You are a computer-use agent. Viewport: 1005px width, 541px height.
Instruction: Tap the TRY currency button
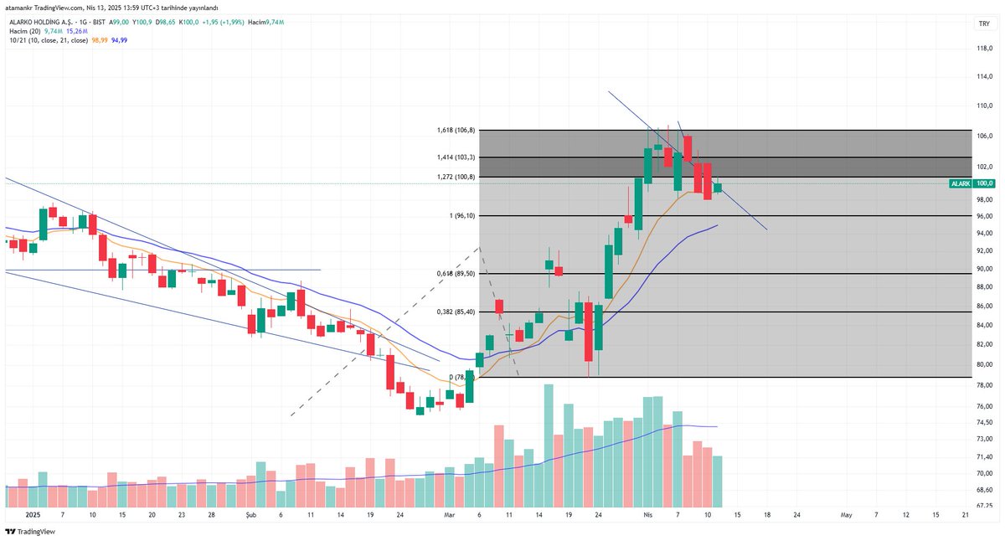[984, 24]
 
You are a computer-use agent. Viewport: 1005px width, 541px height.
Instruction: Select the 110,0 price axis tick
[984, 106]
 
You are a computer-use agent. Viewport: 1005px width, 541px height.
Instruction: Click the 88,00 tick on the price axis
[984, 288]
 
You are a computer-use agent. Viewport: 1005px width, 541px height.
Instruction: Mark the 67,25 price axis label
[984, 506]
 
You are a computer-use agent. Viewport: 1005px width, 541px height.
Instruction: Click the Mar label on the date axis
[450, 515]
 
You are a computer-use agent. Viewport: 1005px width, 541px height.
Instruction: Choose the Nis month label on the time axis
[647, 515]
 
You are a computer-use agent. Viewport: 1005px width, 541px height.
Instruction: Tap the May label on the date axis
[847, 515]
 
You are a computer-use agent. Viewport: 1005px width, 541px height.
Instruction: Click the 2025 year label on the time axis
[33, 515]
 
